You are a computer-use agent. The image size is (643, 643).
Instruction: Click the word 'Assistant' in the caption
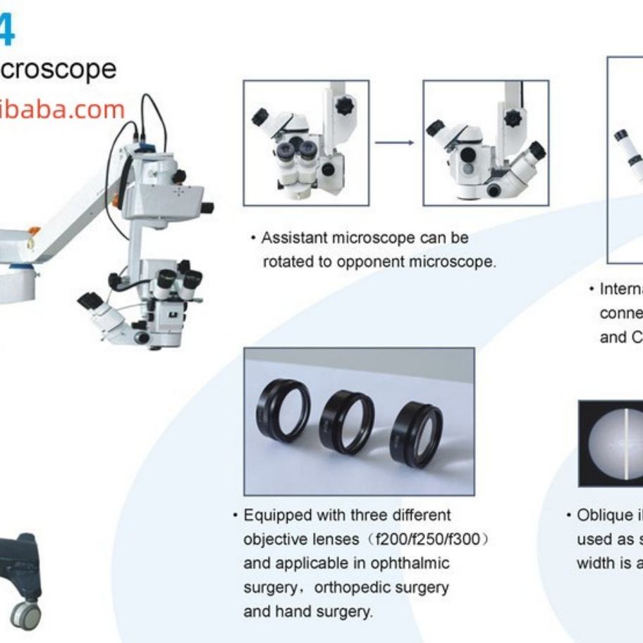coord(293,238)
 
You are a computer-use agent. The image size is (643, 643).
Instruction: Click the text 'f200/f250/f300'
coord(428,539)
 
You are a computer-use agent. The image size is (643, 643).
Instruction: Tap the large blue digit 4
coord(7,32)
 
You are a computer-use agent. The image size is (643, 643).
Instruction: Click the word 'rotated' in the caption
coord(287,262)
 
